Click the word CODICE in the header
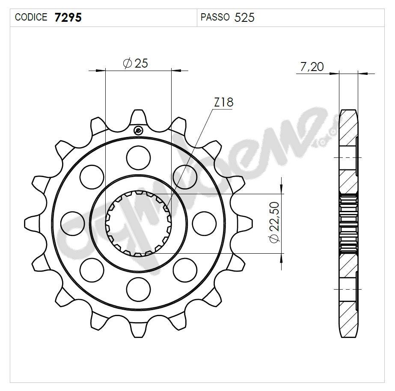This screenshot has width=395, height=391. click(31, 18)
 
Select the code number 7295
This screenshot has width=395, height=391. click(68, 18)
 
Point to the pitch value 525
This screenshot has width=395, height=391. click(245, 18)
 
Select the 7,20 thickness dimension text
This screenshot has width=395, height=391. click(312, 67)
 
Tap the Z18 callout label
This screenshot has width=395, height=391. click(223, 103)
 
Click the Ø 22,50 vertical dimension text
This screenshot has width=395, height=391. click(274, 222)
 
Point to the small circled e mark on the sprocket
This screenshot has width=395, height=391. click(138, 131)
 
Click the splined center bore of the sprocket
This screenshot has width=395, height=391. click(139, 223)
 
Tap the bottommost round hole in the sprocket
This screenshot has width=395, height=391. click(139, 289)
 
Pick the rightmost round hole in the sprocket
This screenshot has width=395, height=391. click(204, 223)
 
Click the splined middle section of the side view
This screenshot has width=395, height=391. click(348, 222)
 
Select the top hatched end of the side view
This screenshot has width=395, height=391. click(347, 128)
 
